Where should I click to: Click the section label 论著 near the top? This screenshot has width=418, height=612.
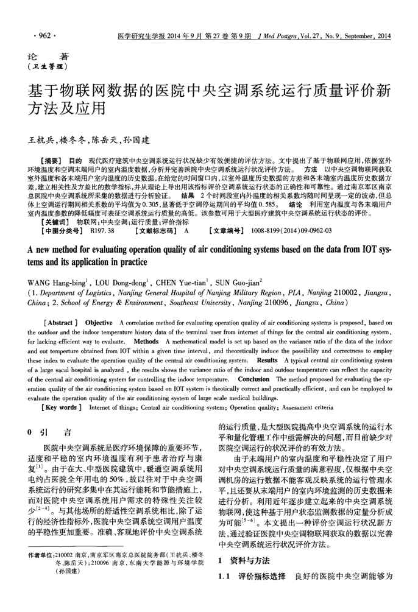pyautogui.click(x=41, y=57)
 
